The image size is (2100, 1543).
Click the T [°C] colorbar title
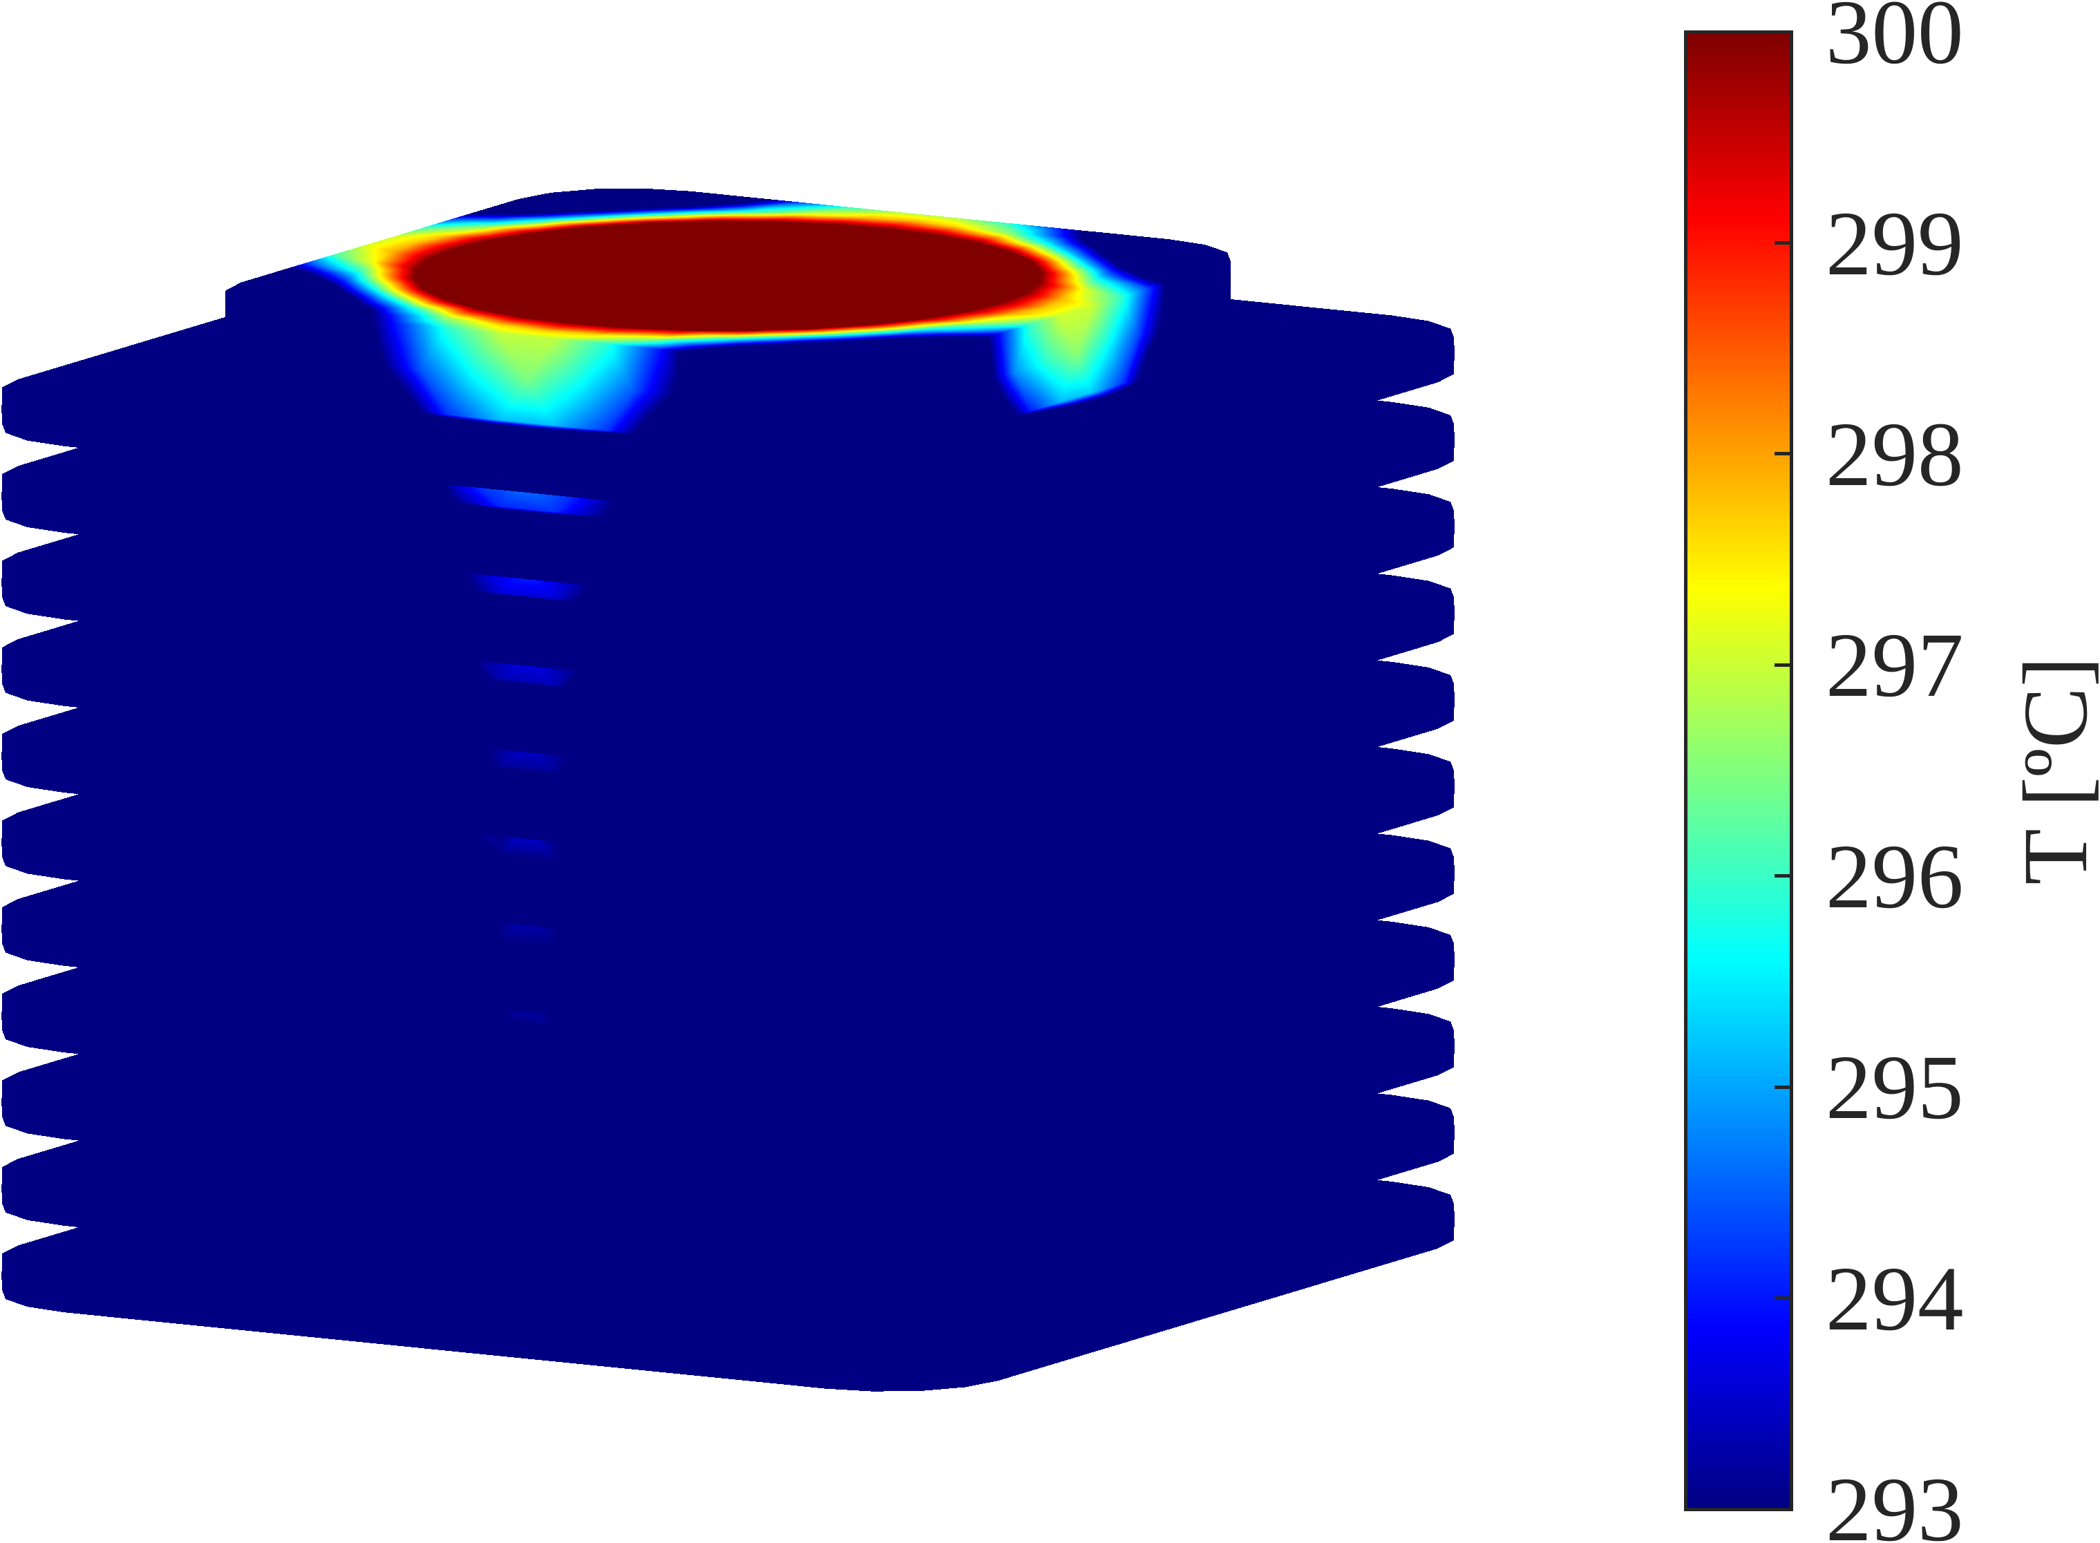click(2058, 773)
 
